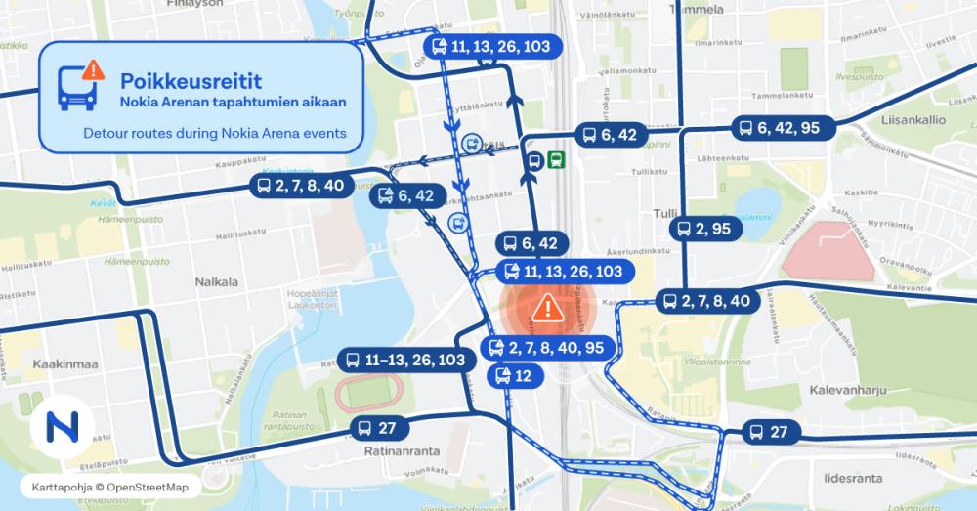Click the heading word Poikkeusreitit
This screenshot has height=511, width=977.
[181, 79]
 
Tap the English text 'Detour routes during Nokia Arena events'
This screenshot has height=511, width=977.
[215, 133]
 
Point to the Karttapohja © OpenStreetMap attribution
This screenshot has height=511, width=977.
[108, 486]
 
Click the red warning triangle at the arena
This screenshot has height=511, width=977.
[547, 308]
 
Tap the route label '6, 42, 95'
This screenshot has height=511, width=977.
[784, 128]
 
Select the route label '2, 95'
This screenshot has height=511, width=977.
[704, 229]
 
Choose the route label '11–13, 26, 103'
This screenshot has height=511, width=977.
[405, 360]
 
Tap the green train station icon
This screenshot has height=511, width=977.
[556, 160]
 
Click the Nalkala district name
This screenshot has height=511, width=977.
[216, 282]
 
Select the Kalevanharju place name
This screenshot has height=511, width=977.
[847, 390]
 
